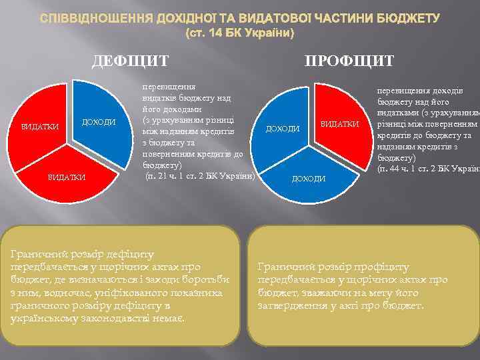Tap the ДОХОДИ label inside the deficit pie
click(x=99, y=122)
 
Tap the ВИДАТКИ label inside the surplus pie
click(x=339, y=125)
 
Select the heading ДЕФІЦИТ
click(x=130, y=61)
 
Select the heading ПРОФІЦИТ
click(x=349, y=61)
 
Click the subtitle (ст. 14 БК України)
click(x=239, y=32)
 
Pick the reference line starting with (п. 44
click(x=427, y=169)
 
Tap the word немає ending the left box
click(x=169, y=317)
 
